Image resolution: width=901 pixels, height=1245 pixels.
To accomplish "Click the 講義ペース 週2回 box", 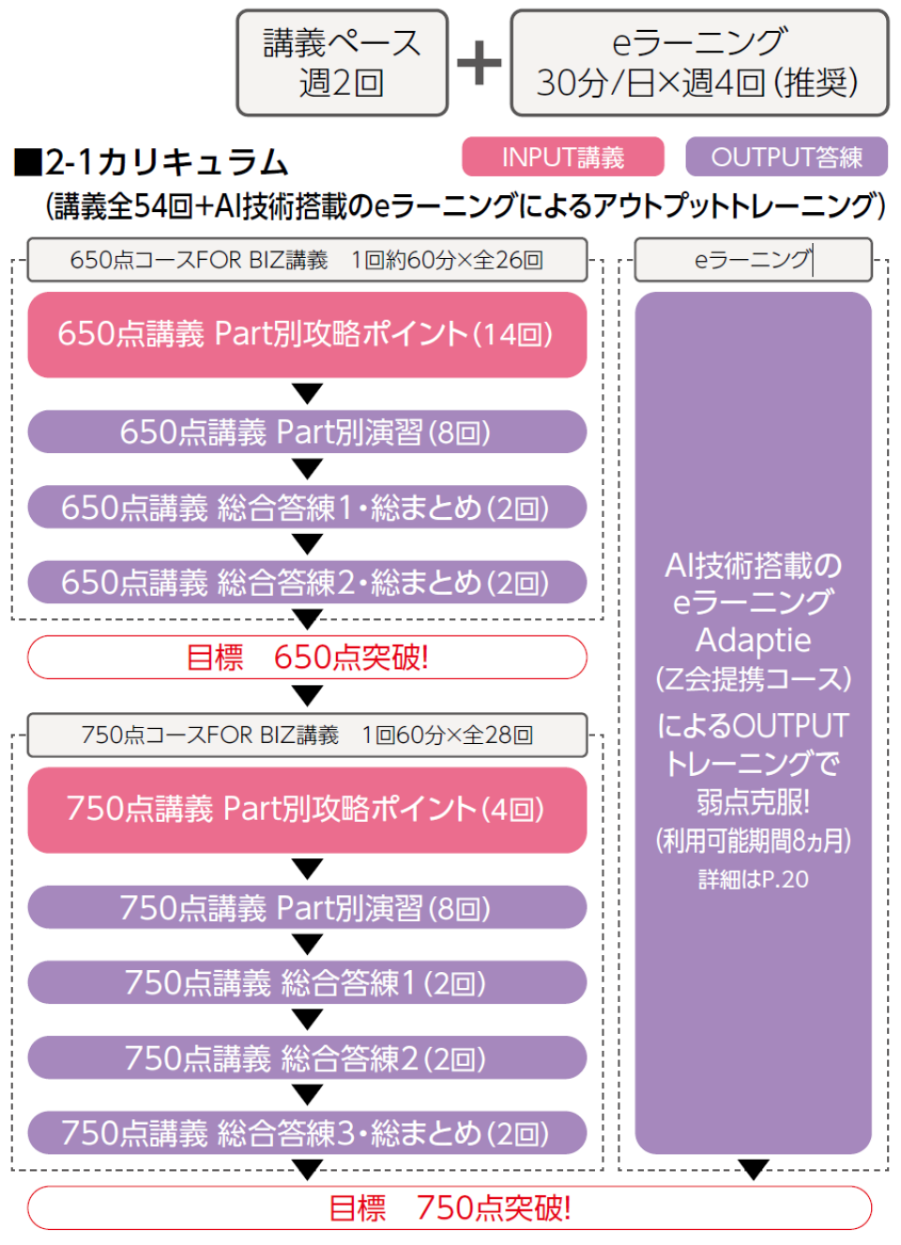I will pyautogui.click(x=342, y=63).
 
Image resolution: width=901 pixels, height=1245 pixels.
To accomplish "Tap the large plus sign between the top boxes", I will pyautogui.click(x=480, y=63).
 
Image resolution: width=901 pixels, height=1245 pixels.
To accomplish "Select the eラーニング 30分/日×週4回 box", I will pyautogui.click(x=699, y=63).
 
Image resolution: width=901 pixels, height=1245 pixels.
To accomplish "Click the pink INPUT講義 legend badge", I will pyautogui.click(x=562, y=157).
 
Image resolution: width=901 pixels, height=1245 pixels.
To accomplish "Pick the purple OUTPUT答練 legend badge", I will pyautogui.click(x=786, y=157).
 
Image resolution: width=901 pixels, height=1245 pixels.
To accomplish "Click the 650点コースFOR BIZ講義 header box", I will pyautogui.click(x=307, y=260).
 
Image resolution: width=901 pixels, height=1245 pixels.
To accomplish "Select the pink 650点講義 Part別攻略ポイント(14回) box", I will pyautogui.click(x=307, y=334).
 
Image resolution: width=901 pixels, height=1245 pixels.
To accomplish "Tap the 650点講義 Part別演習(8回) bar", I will pyautogui.click(x=307, y=432).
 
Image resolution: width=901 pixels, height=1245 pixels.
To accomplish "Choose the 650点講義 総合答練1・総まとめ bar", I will pyautogui.click(x=307, y=508).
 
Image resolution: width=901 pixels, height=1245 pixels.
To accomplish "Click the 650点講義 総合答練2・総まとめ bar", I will pyautogui.click(x=307, y=583).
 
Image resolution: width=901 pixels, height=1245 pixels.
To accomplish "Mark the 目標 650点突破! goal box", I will pyautogui.click(x=307, y=657).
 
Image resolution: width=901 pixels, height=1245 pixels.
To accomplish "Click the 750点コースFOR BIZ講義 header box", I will pyautogui.click(x=307, y=735).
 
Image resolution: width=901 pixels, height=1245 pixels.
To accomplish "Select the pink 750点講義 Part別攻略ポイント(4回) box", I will pyautogui.click(x=307, y=809).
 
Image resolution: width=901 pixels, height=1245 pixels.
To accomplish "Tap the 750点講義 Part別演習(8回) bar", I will pyautogui.click(x=307, y=907).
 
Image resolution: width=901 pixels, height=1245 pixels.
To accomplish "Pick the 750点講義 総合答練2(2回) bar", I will pyautogui.click(x=307, y=1057).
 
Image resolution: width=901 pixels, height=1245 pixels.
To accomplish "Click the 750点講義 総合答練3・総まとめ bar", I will pyautogui.click(x=307, y=1132).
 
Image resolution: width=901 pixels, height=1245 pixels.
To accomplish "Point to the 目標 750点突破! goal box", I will pyautogui.click(x=450, y=1207).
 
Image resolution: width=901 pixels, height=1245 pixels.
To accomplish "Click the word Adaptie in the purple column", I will pyautogui.click(x=753, y=640).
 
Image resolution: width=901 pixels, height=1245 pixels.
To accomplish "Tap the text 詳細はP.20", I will pyautogui.click(x=753, y=879).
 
